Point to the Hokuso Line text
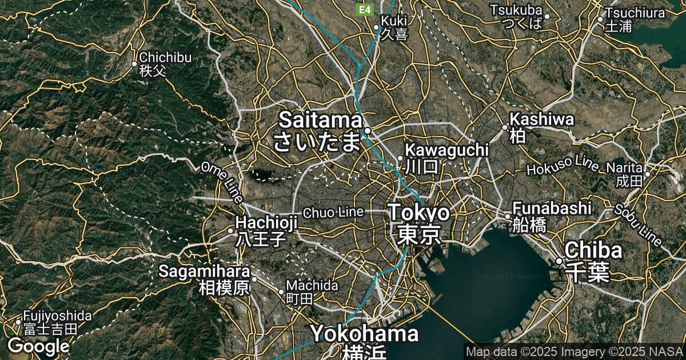pyautogui.click(x=563, y=166)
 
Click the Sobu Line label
pyautogui.click(x=638, y=225)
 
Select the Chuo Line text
pyautogui.click(x=333, y=213)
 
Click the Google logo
pyautogui.click(x=38, y=346)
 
